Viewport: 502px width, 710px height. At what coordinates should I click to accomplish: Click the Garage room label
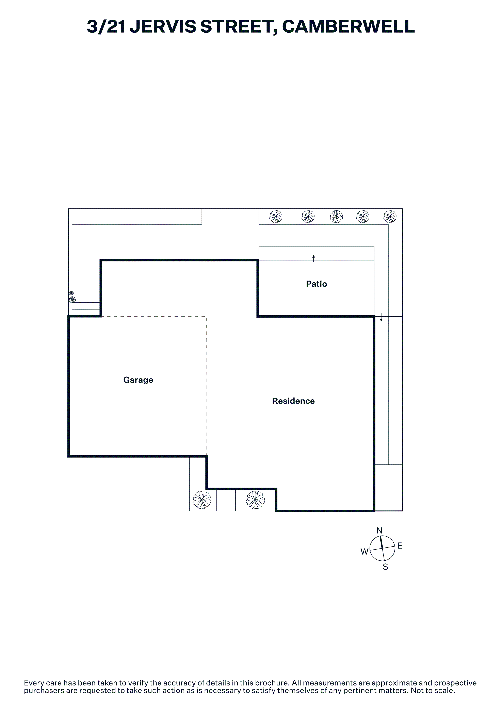(138, 380)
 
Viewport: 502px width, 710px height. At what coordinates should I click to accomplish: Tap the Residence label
(293, 401)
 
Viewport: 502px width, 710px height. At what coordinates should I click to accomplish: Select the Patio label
(317, 284)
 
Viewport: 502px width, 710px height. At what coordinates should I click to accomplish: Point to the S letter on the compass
(385, 567)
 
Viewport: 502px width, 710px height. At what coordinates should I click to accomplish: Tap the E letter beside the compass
(400, 546)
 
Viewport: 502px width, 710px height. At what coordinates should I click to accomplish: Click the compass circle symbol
(383, 548)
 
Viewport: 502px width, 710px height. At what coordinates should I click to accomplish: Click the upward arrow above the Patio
(314, 258)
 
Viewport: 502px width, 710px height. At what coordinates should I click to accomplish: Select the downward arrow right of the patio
(381, 317)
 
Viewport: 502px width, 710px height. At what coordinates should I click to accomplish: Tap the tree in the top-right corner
(390, 217)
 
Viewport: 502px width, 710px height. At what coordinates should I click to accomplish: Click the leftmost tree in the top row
(276, 217)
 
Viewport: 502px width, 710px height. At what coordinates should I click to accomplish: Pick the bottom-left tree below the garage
(202, 500)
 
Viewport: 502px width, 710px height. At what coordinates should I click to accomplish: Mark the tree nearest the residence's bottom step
(256, 500)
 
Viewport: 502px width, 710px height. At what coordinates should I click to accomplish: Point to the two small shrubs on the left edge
(72, 297)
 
